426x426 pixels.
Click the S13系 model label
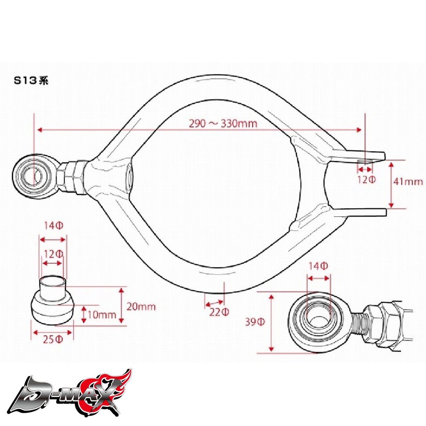pyautogui.click(x=31, y=81)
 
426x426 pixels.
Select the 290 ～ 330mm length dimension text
pyautogui.click(x=223, y=123)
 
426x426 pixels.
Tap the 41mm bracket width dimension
pyautogui.click(x=408, y=181)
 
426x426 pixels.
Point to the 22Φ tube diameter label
pyautogui.click(x=219, y=312)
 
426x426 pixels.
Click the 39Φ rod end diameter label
pyautogui.click(x=255, y=322)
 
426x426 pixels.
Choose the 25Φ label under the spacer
pyautogui.click(x=53, y=340)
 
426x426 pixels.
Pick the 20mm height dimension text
pyautogui.click(x=141, y=307)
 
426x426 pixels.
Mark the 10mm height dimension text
pyautogui.click(x=102, y=315)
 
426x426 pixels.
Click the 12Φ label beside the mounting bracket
pyautogui.click(x=366, y=180)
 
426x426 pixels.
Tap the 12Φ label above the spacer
pyautogui.click(x=53, y=254)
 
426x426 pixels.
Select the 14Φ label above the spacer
pyautogui.click(x=53, y=226)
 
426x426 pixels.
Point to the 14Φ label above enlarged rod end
pyautogui.click(x=318, y=266)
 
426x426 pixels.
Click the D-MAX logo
pyautogui.click(x=71, y=392)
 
